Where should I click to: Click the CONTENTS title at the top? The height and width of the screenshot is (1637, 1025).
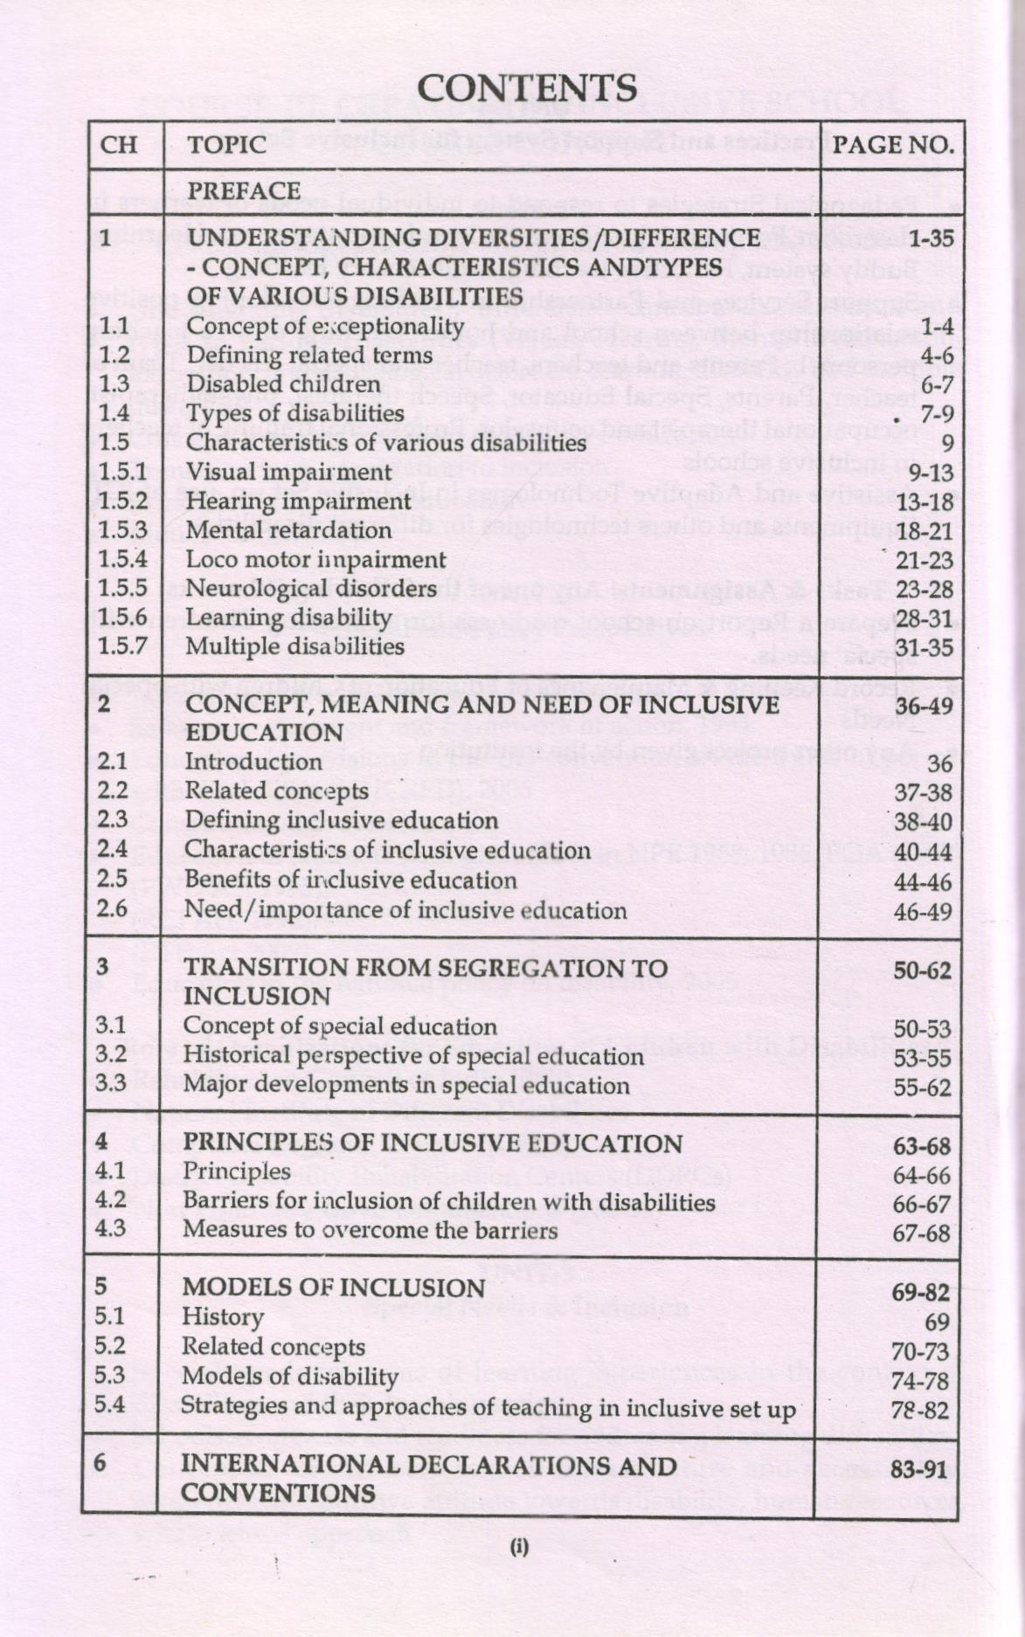527,88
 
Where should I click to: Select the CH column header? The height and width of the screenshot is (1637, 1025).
120,144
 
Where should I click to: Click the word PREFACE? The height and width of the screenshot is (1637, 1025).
245,190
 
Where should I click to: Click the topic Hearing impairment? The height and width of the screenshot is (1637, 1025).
299,501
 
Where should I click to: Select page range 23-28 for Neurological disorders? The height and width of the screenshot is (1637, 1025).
924,590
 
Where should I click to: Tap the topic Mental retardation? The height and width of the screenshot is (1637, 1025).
289,530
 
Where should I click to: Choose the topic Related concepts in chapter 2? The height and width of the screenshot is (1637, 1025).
277,791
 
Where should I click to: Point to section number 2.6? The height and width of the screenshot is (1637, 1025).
113,908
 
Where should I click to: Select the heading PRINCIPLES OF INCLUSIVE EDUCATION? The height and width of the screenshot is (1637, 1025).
433,1143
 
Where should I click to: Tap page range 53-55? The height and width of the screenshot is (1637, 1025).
922,1059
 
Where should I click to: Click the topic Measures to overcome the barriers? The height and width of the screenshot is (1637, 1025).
370,1230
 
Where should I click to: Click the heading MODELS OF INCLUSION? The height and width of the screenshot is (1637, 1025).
333,1288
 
